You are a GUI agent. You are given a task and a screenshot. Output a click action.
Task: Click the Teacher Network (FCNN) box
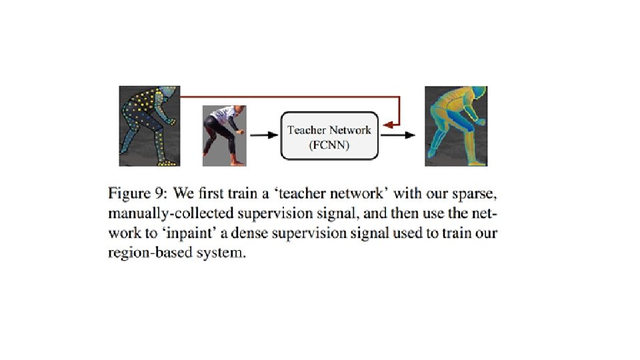point(329,135)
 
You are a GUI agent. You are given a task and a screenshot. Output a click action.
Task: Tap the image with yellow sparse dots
point(149,126)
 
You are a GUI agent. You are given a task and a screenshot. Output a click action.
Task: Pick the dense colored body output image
point(456,126)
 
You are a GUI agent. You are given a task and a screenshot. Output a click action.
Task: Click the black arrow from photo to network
point(263,135)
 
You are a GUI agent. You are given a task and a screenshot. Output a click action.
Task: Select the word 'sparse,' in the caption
point(477,193)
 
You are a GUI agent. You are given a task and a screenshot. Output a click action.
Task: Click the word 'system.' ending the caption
point(217,256)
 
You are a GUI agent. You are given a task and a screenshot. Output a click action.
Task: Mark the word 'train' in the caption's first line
point(253,193)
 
